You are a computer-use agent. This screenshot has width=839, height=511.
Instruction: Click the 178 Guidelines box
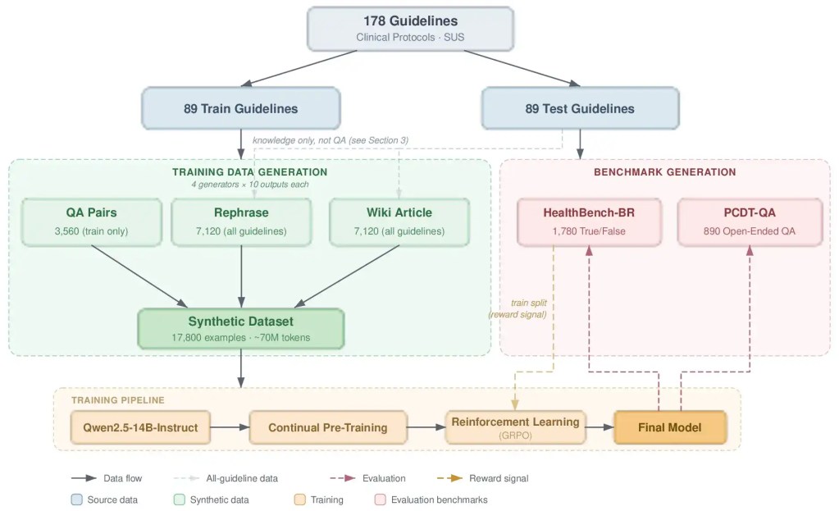pyautogui.click(x=410, y=29)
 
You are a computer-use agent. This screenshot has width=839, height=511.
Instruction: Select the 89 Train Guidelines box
pyautogui.click(x=241, y=108)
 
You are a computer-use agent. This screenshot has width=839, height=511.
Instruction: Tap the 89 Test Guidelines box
pyautogui.click(x=580, y=108)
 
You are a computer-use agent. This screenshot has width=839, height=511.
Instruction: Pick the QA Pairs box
pyautogui.click(x=92, y=222)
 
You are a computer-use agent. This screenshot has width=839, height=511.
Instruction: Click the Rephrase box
pyautogui.click(x=241, y=222)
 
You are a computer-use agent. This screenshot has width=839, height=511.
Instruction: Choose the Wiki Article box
pyautogui.click(x=399, y=222)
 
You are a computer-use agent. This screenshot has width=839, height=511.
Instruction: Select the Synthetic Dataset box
pyautogui.click(x=241, y=329)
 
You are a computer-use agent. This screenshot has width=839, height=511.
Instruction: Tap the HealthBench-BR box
pyautogui.click(x=589, y=222)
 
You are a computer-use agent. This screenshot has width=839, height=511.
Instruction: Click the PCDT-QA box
pyautogui.click(x=750, y=222)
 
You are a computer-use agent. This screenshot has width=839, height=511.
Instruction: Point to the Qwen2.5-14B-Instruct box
pyautogui.click(x=140, y=427)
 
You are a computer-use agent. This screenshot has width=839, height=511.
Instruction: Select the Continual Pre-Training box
pyautogui.click(x=328, y=427)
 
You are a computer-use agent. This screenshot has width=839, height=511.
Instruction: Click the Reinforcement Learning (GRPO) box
pyautogui.click(x=515, y=427)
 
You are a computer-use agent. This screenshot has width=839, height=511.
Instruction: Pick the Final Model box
pyautogui.click(x=670, y=427)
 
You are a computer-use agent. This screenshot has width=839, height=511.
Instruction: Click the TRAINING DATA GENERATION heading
pyautogui.click(x=250, y=171)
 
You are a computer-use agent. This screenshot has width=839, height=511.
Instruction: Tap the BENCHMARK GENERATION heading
pyautogui.click(x=665, y=171)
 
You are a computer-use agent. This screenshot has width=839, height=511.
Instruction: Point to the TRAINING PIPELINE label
pyautogui.click(x=118, y=400)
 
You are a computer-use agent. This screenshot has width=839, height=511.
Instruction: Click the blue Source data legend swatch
pyautogui.click(x=76, y=500)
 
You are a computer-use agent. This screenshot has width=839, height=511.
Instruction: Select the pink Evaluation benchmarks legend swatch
pyautogui.click(x=381, y=500)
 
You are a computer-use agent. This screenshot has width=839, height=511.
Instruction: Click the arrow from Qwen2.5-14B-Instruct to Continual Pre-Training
pyautogui.click(x=230, y=427)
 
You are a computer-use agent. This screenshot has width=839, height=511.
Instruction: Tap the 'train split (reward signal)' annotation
pyautogui.click(x=518, y=308)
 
